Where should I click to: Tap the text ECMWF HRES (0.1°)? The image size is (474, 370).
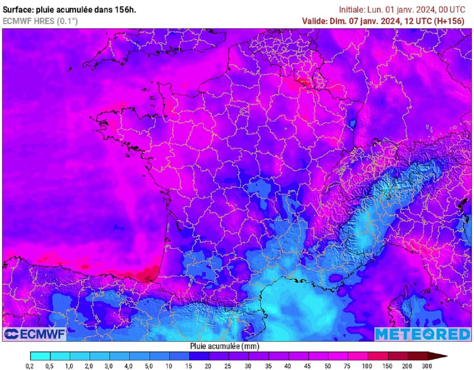[40, 21]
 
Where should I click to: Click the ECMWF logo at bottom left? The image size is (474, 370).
[35, 334]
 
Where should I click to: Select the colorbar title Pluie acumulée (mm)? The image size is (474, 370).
[225, 346]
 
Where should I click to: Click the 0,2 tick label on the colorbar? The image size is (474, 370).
[30, 366]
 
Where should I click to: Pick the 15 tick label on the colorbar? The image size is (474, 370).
[189, 366]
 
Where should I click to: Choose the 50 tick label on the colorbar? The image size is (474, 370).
[329, 366]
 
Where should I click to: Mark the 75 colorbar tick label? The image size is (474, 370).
[349, 366]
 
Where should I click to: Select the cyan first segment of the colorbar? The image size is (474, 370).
[40, 356]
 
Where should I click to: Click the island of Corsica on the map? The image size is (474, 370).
[404, 308]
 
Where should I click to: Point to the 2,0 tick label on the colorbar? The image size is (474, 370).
[90, 366]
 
